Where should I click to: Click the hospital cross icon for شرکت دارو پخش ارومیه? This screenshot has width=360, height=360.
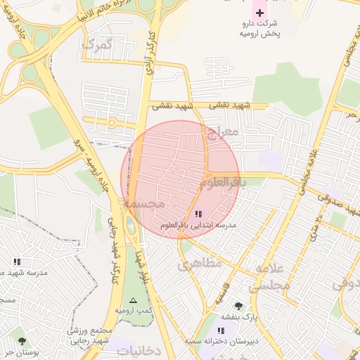pos(259,13)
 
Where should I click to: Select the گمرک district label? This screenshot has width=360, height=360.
pos(97,44)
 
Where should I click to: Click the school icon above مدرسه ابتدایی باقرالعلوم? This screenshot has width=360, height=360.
pos(198,213)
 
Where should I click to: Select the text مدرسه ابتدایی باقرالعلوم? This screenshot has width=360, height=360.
pos(198,225)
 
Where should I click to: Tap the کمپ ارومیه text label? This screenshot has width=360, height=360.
pos(134,311)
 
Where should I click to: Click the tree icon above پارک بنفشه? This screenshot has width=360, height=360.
pos(238,306)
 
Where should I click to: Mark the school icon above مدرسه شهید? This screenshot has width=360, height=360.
pos(17,262)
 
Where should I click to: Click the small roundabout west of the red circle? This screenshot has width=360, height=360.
pos(111,123)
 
